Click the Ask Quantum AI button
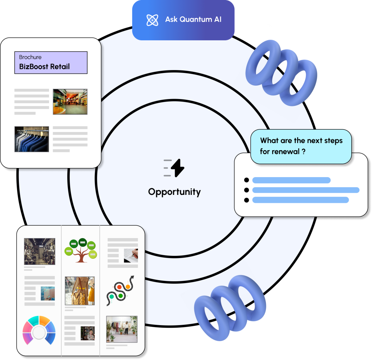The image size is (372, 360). pos(183,20)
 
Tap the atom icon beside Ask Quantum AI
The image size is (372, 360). pos(152,20)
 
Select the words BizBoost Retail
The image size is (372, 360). pos(44,67)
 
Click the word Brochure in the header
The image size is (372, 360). pos(30,57)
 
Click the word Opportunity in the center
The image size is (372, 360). pos(174,192)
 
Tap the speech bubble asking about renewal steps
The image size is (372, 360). pos(301,146)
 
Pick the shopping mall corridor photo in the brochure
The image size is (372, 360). pos(70,102)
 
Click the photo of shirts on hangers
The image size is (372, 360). pos(32,139)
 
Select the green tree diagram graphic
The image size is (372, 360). pos(81,250)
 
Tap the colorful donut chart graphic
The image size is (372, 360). pos(39,330)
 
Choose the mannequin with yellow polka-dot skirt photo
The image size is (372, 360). pos(80,291)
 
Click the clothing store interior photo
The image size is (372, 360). pos(39,251)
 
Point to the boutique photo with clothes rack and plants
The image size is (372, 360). pos(122,329)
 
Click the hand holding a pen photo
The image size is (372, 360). pos(131,255)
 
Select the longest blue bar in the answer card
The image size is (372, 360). pos(306,190)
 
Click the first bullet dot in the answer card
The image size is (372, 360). pos(247,180)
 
